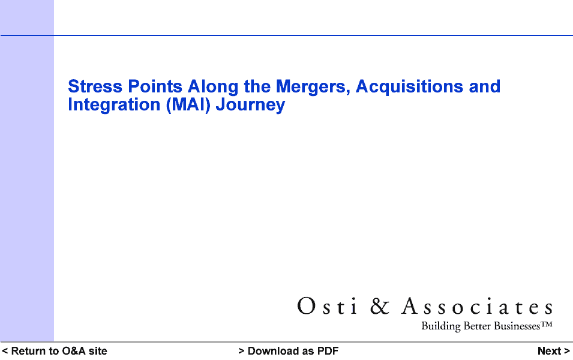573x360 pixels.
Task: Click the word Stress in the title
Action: (95, 86)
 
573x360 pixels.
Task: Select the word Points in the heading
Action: (155, 86)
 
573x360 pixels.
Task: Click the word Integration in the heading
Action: (114, 105)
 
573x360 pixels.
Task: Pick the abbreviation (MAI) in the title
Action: (188, 105)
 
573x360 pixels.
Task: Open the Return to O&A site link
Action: (55, 351)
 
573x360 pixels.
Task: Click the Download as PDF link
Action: (289, 351)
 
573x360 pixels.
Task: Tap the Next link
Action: (553, 351)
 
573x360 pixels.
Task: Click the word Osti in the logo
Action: (326, 306)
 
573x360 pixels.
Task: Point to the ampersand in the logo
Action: (380, 306)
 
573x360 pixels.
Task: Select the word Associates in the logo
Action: (477, 306)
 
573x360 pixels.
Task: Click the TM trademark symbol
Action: (546, 324)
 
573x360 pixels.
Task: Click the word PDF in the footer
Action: (328, 351)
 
